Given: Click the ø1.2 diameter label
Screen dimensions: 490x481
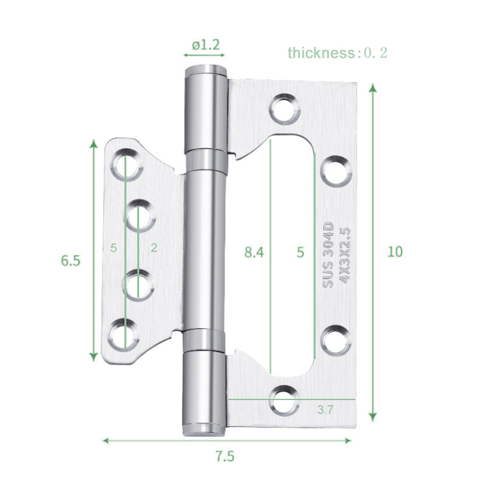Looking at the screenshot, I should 205,45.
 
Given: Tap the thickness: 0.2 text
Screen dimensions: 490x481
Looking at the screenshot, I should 337,53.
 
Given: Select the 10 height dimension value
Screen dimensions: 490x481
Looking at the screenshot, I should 395,251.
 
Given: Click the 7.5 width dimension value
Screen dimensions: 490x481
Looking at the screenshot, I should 224,457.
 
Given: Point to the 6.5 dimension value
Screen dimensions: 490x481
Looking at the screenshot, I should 71,261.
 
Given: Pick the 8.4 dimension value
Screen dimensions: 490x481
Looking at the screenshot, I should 254,252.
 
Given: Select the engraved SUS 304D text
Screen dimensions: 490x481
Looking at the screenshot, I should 328,254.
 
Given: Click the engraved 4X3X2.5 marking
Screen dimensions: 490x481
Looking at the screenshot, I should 344,254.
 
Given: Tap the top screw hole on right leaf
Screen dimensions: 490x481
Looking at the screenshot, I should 284,109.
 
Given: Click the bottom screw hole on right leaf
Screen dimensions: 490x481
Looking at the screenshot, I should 284,399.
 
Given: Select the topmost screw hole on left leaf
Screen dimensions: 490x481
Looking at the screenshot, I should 125,162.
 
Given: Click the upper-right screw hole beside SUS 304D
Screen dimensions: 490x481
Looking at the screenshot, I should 336,171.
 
